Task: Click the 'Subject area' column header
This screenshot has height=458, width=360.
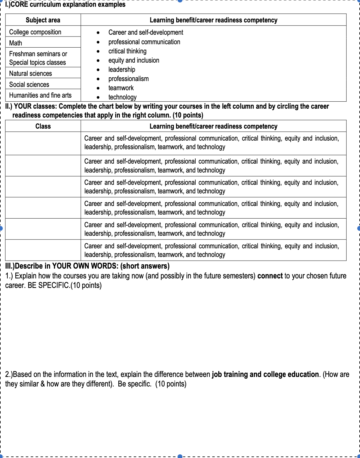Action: (43, 20)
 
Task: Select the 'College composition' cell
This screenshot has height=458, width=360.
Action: (35, 32)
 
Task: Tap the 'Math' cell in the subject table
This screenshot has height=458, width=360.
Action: (16, 43)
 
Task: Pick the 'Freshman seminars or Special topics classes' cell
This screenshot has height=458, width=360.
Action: (38, 58)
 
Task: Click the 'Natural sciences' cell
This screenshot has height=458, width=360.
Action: (31, 73)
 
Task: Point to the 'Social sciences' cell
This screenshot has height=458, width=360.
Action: (29, 84)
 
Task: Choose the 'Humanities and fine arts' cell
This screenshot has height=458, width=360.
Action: (40, 95)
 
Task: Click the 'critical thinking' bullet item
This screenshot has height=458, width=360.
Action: (127, 51)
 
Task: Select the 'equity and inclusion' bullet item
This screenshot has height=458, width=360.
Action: (134, 60)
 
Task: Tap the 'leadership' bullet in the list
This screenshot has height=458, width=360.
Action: (122, 70)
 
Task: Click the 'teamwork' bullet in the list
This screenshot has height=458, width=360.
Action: (121, 88)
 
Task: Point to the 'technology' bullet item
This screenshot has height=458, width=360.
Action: (122, 97)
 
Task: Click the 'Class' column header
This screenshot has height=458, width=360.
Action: (43, 126)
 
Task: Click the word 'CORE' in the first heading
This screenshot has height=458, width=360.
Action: (19, 4)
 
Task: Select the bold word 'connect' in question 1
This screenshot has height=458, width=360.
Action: (270, 276)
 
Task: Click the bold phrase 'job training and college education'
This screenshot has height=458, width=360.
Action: (265, 375)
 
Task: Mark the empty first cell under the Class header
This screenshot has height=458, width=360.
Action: (43, 143)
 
